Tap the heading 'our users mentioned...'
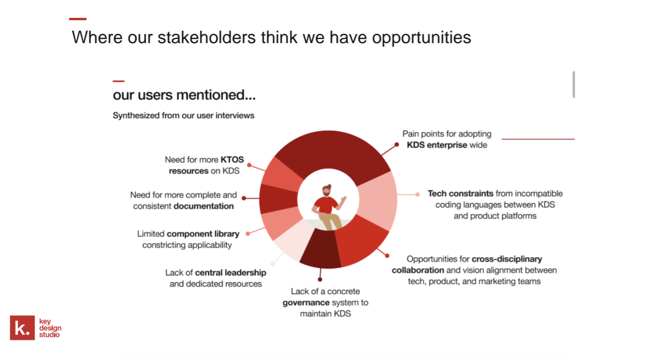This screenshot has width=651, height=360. click(x=184, y=95)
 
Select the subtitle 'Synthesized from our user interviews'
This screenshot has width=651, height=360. click(x=183, y=116)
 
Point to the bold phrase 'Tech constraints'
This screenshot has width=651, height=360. click(x=460, y=194)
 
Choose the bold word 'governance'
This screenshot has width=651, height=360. click(x=306, y=303)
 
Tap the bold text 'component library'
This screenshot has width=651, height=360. click(x=203, y=234)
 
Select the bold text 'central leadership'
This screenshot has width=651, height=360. click(x=231, y=273)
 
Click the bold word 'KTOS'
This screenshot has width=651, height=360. click(x=232, y=160)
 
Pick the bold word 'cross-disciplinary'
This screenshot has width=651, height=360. click(x=507, y=259)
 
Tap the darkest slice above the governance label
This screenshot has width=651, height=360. click(x=320, y=250)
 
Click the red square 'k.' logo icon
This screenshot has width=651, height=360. click(x=22, y=328)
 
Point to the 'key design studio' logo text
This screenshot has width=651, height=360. click(x=50, y=328)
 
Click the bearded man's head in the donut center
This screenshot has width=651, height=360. click(x=326, y=190)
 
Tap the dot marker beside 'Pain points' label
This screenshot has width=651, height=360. click(x=397, y=144)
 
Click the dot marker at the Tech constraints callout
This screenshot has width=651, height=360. click(x=417, y=194)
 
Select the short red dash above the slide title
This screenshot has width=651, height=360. click(x=78, y=19)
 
